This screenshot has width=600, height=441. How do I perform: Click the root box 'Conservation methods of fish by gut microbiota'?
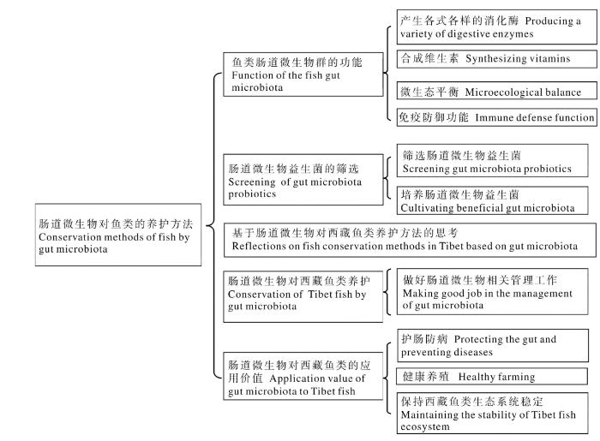(118, 235)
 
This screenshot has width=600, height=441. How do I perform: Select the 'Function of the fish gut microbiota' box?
(303, 74)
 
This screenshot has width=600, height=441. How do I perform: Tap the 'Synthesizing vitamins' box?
(496, 59)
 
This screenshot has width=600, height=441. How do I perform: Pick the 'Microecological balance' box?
(496, 91)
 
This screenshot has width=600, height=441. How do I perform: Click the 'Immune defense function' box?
(496, 117)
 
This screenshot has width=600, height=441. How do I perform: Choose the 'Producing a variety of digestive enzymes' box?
(496, 27)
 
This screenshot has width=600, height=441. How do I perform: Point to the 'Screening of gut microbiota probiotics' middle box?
(303, 180)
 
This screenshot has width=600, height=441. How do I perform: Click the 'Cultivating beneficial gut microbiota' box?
(493, 200)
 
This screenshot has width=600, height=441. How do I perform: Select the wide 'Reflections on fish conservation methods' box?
(410, 240)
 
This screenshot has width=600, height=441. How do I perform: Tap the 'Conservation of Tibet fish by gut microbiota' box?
(303, 296)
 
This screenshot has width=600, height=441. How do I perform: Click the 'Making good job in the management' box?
(493, 292)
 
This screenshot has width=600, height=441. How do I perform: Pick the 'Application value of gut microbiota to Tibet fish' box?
(303, 376)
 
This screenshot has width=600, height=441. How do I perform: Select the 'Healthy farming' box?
(492, 377)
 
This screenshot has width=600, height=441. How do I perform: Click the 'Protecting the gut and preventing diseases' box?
(493, 345)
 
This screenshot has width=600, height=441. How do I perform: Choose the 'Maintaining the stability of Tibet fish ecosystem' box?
(493, 413)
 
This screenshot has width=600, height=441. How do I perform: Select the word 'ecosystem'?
(425, 426)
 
